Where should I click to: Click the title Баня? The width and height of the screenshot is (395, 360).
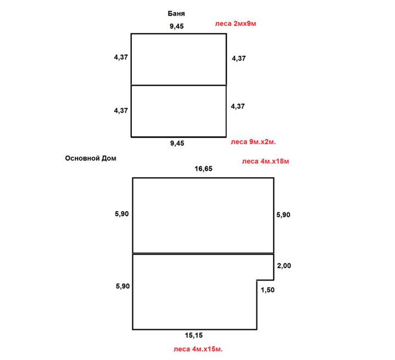click(176, 13)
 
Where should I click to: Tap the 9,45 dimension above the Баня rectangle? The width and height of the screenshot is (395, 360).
click(176, 26)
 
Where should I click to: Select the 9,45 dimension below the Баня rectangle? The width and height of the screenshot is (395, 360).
click(177, 143)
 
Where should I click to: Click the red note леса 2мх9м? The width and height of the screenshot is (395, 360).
click(236, 24)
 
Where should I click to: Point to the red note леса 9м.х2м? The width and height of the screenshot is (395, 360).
click(253, 142)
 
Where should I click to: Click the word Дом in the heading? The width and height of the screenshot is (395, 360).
click(109, 158)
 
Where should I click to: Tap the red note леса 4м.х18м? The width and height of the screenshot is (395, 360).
click(265, 161)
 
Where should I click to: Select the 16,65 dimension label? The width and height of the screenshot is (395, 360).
click(203, 169)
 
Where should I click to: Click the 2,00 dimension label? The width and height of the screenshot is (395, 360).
click(284, 266)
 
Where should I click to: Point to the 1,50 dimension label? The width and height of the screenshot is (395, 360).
click(268, 290)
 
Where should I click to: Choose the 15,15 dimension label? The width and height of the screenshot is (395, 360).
click(194, 335)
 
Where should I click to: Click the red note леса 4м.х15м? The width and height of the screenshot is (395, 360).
click(198, 349)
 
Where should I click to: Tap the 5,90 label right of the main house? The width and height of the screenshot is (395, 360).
click(283, 215)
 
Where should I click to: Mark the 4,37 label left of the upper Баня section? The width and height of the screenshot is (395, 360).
click(121, 58)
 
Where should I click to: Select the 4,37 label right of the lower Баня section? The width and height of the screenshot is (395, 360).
click(238, 106)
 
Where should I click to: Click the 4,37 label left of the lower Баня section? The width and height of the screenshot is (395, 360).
click(121, 111)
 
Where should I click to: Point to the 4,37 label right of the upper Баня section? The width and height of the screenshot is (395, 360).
click(239, 59)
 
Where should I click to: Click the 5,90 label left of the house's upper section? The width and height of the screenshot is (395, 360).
click(121, 214)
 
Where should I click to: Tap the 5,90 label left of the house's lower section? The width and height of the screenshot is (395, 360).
click(123, 286)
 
